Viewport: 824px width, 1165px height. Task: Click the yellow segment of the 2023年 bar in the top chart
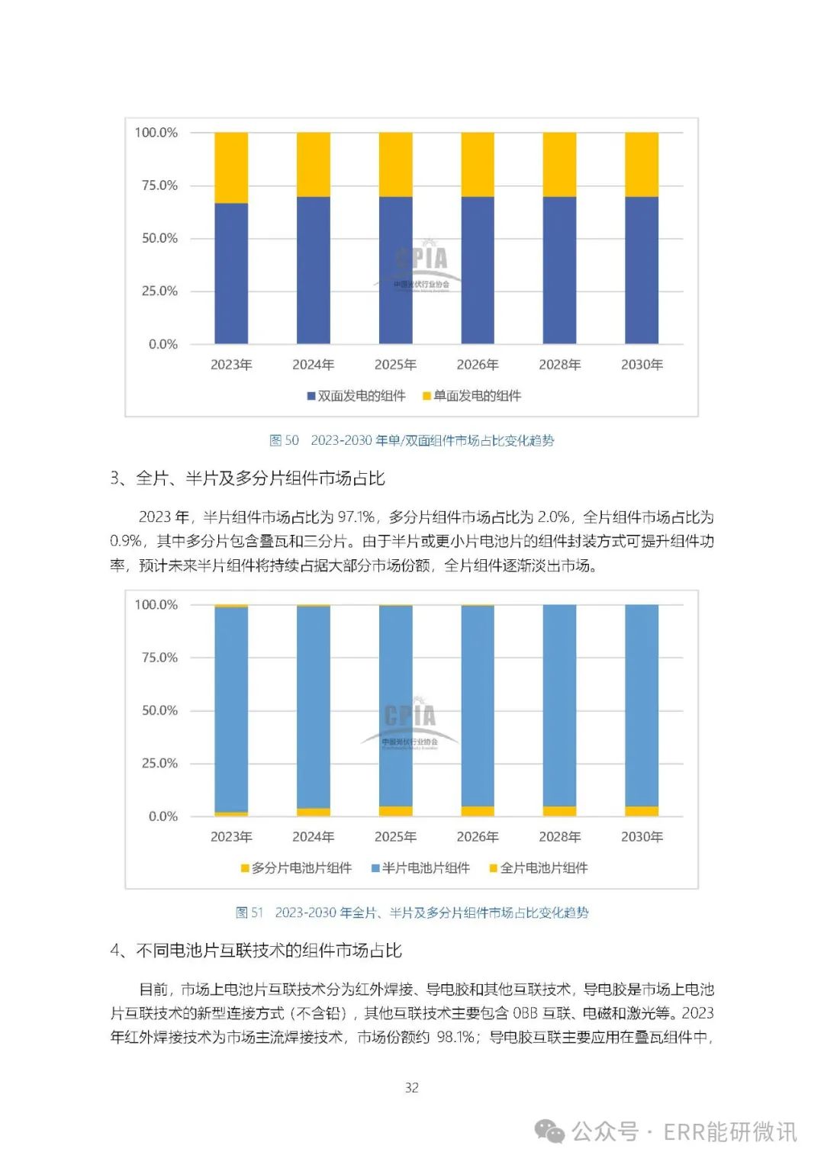tap(231, 167)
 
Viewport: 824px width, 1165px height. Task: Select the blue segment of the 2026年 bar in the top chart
tap(478, 270)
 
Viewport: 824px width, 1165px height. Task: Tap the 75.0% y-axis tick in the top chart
tap(159, 185)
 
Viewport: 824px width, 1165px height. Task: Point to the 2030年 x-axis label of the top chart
tap(642, 365)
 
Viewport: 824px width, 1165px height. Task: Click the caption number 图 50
tap(284, 440)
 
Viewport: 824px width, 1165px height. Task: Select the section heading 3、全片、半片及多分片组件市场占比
tap(248, 478)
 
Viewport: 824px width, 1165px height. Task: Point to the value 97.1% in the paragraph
tap(356, 517)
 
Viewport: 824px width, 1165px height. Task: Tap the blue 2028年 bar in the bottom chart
tap(559, 706)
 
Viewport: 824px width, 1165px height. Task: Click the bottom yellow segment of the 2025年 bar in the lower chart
tap(395, 811)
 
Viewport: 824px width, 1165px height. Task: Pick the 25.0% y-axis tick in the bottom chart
tap(159, 763)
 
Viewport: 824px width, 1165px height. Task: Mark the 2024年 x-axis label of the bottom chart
tap(313, 837)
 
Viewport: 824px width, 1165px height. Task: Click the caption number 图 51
tap(249, 912)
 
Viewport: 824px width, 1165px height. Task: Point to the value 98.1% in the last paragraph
tap(456, 1038)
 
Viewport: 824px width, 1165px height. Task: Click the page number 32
tap(412, 1087)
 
